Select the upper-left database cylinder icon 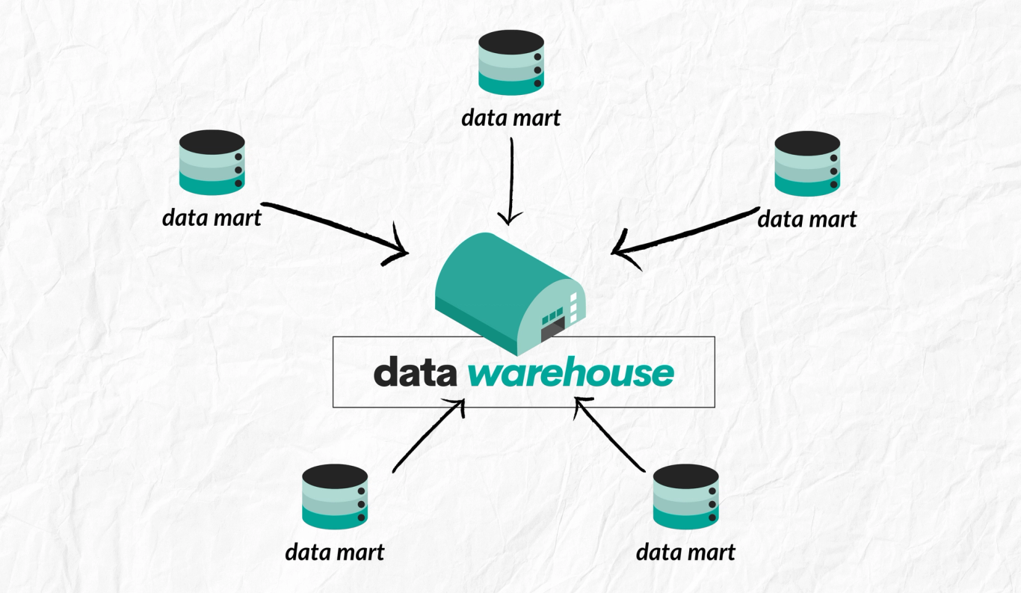pos(212,162)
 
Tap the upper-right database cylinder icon pos(807,164)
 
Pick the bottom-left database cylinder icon pos(335,497)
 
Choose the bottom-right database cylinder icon pos(685,497)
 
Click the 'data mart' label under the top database pos(510,117)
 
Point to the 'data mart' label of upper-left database pos(212,218)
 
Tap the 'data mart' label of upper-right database pos(806,219)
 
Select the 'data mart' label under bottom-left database pos(334,553)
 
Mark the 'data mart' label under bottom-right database pos(685,553)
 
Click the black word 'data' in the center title pos(416,372)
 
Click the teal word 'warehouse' pos(571,373)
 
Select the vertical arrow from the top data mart pos(510,179)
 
